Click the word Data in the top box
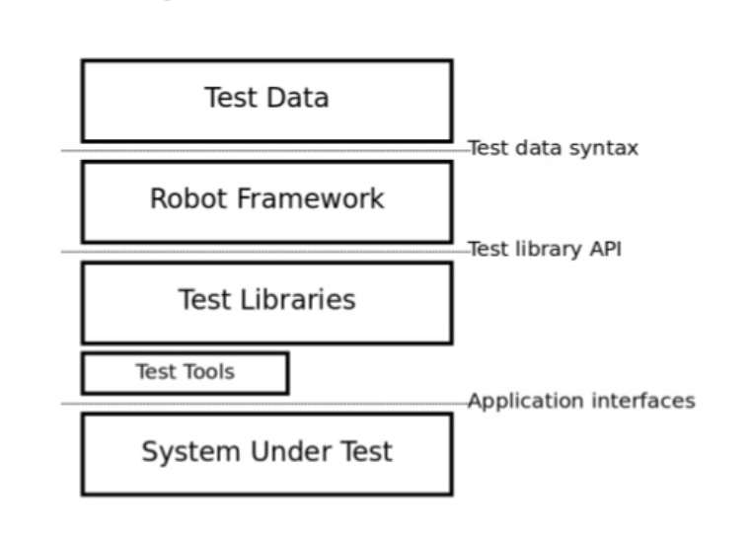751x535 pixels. [x=298, y=98]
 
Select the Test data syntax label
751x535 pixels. [x=553, y=148]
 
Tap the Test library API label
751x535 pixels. [x=544, y=250]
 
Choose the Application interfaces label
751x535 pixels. [x=581, y=401]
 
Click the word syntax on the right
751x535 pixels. [x=606, y=148]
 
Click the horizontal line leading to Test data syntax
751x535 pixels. [x=266, y=151]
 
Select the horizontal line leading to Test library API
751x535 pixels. [x=266, y=252]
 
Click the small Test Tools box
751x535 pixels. [x=185, y=373]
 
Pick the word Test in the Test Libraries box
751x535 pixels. [x=204, y=300]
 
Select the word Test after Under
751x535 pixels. [x=367, y=452]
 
